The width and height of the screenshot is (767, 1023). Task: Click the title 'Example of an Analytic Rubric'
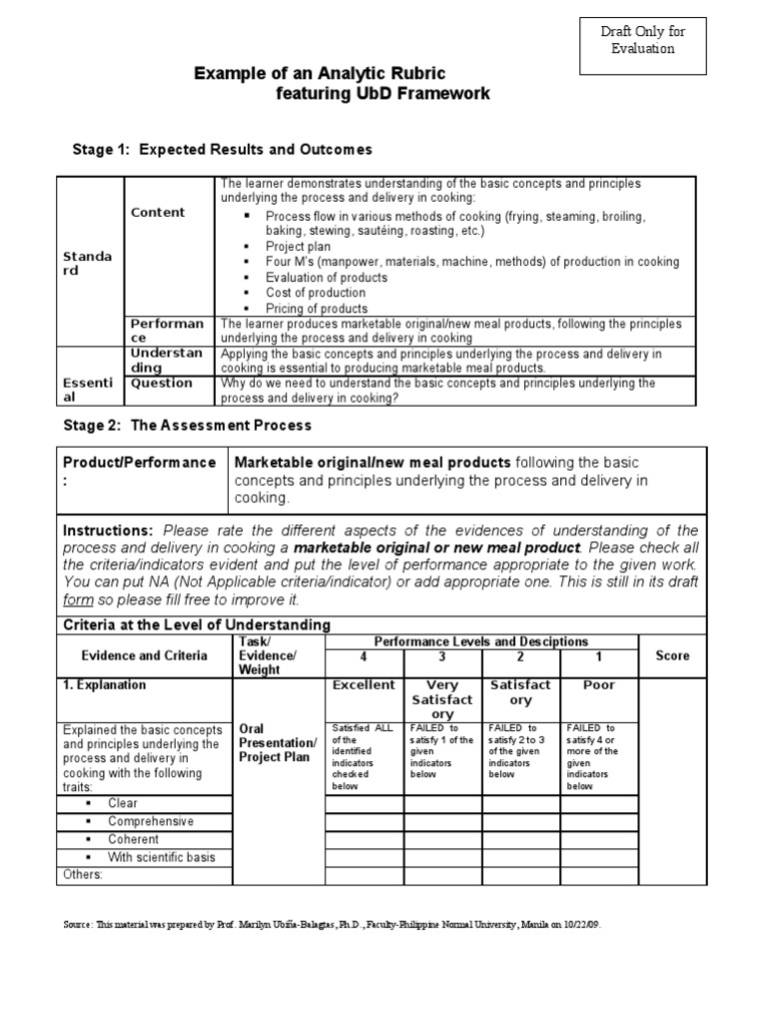pos(319,74)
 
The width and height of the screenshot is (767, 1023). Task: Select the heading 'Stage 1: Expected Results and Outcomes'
pos(223,149)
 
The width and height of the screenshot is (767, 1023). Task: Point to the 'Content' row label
pos(158,212)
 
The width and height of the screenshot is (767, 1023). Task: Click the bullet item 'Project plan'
pos(298,246)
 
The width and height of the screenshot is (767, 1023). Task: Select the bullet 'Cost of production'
pos(315,293)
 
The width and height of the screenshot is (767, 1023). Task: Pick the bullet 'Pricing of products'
pos(316,309)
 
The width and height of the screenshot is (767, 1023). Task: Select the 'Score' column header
pos(672,655)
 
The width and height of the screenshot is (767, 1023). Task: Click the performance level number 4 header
pos(364,655)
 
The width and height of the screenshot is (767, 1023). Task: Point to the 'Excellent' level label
pos(364,685)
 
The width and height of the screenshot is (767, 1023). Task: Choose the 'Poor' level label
pos(599,685)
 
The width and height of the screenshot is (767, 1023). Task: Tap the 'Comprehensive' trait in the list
pos(151,821)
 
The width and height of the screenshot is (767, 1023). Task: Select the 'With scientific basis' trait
pos(161,857)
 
